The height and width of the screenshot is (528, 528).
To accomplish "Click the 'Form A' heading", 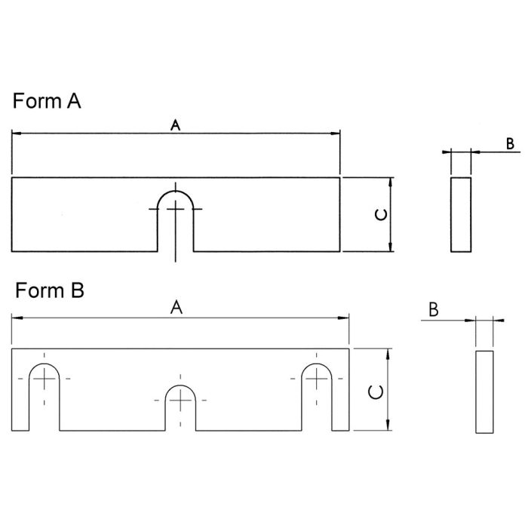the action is coord(47,100).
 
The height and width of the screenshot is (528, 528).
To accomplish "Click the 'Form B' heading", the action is coord(50,290).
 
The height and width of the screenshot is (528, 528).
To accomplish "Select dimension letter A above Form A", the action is coord(176,125).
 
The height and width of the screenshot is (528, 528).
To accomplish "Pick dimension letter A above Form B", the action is coord(177,308).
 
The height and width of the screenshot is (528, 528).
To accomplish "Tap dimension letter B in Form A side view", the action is coord(510,144).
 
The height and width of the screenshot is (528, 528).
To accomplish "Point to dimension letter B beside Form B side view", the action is coord(434,310).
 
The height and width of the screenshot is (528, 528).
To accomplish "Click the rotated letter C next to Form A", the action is coord(381,214).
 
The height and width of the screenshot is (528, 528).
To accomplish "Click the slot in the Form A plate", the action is coord(176,221).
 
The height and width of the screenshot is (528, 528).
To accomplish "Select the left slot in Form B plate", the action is coord(44,397).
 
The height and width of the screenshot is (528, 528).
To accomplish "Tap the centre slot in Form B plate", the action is coord(180,408).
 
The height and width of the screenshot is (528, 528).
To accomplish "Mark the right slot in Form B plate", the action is coord(317,397).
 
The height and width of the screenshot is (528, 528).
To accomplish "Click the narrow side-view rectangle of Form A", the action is coord(461,214).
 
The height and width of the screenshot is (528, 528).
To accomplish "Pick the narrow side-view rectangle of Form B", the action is coord(484,392).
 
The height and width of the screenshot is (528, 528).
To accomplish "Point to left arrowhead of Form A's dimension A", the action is coord(17,134).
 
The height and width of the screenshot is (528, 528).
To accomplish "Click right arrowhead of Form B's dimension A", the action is coord(344,318).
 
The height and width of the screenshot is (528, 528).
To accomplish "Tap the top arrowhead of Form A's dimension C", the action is coord(390,183).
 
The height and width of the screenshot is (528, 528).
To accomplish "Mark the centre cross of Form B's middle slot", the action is coord(180,401).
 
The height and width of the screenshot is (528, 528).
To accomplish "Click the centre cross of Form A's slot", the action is coord(176,209).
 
